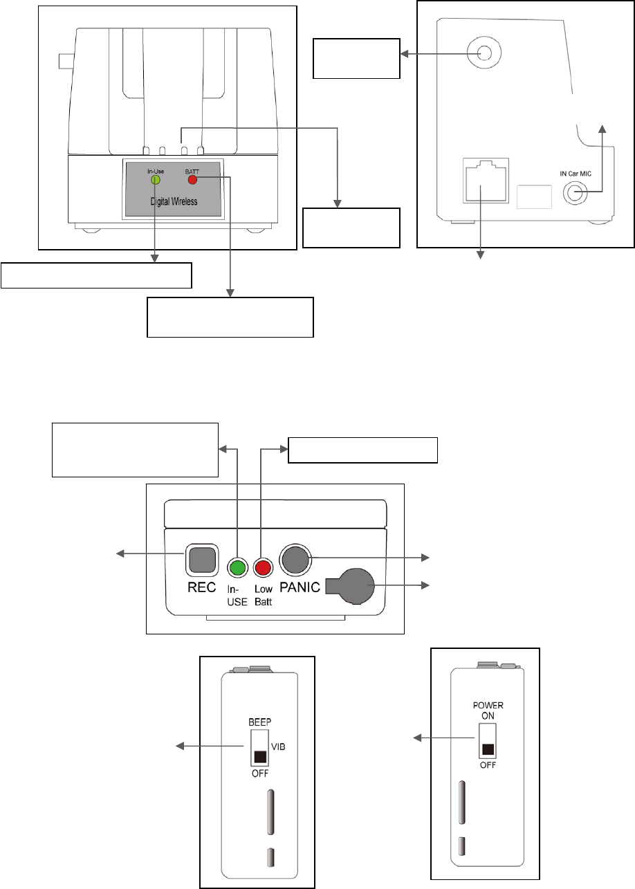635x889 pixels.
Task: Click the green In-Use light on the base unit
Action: [x=156, y=180]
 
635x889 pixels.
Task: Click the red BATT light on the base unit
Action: [x=192, y=180]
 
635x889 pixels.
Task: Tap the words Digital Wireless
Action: [x=174, y=202]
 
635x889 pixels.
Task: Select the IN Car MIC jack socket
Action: [x=573, y=192]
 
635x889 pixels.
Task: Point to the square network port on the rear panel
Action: [x=484, y=181]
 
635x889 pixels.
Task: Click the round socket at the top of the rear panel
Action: [x=484, y=52]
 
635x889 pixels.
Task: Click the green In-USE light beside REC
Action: [x=237, y=568]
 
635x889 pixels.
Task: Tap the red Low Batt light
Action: [x=261, y=568]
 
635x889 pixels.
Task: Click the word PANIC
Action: [x=300, y=587]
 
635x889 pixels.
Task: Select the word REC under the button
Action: [x=203, y=587]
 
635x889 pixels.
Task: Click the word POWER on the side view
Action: [x=488, y=706]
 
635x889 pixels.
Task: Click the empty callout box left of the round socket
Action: [x=357, y=58]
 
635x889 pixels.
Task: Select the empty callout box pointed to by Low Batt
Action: [x=363, y=449]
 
